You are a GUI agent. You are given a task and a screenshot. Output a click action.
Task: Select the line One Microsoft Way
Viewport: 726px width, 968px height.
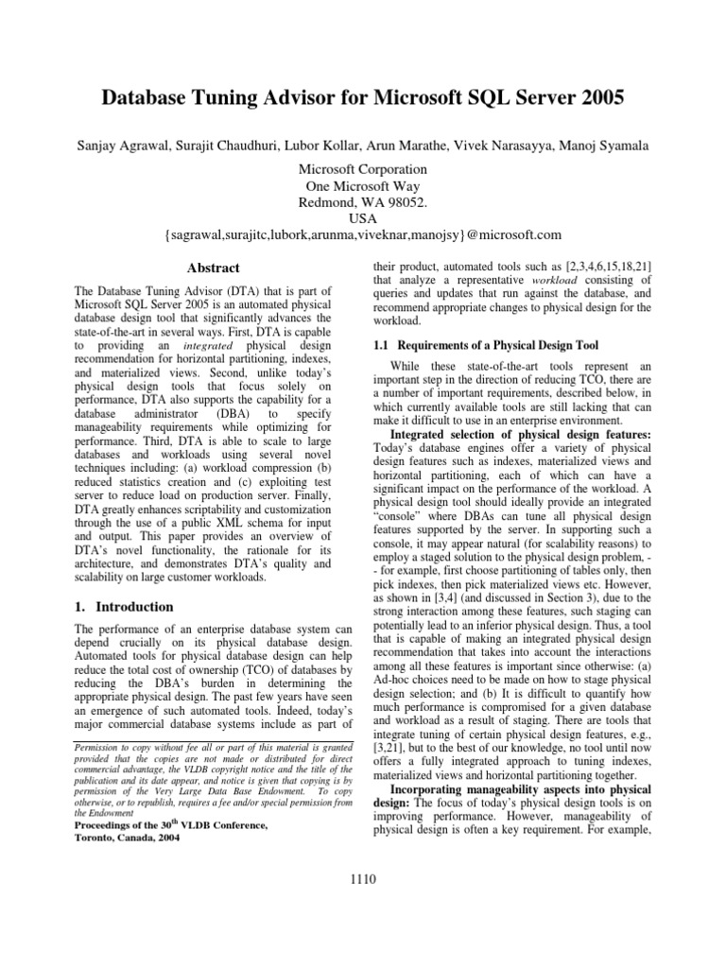tap(362, 186)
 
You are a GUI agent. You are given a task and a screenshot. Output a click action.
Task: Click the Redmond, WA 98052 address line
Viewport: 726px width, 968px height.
tap(362, 202)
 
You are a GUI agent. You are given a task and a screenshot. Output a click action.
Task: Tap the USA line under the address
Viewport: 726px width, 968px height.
tap(362, 218)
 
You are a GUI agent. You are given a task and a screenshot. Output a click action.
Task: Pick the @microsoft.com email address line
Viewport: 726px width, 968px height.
tap(362, 234)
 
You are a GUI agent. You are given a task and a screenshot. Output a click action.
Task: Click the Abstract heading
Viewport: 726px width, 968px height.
tap(213, 268)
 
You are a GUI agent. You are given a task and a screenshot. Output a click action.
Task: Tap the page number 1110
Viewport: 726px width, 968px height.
tap(362, 880)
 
